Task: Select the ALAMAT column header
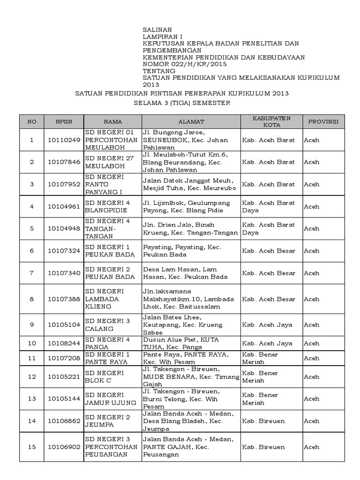[x=191, y=121]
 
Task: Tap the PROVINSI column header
[x=323, y=121]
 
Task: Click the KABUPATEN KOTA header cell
[x=271, y=121]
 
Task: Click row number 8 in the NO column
[x=32, y=299]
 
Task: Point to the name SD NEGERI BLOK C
[x=104, y=376]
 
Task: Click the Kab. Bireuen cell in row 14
[x=263, y=421]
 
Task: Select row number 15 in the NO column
[x=32, y=447]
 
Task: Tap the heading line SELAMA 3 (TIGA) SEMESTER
[x=181, y=103]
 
